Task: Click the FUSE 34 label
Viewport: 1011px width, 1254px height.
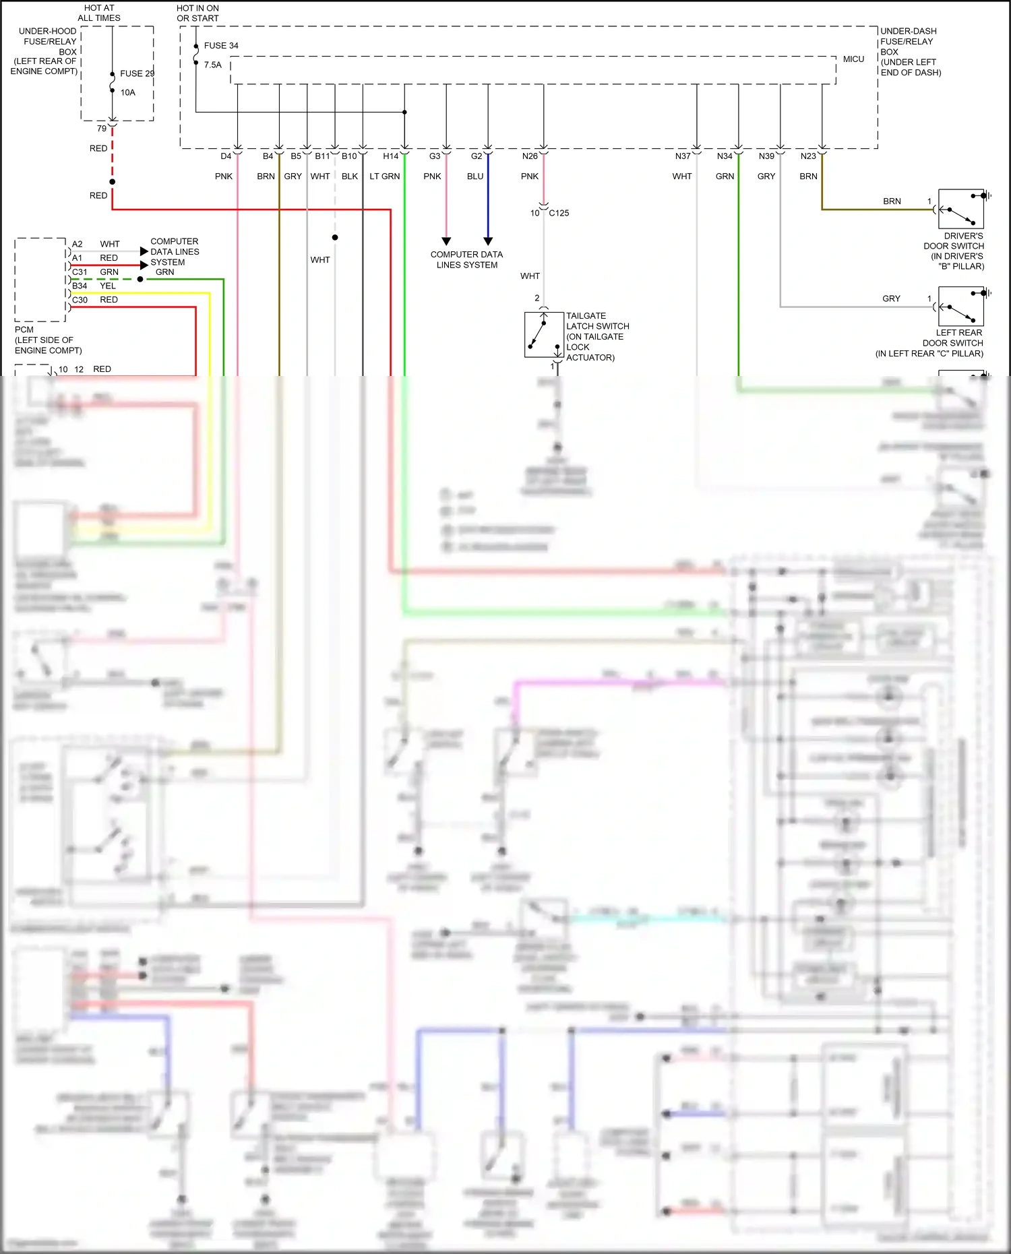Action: [x=221, y=46]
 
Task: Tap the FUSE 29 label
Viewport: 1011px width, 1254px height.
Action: [x=137, y=73]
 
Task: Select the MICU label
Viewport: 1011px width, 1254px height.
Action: [x=853, y=59]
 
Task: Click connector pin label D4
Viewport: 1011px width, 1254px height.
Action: [x=226, y=156]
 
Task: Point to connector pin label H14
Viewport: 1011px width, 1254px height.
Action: [x=391, y=156]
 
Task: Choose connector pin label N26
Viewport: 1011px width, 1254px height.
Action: [x=530, y=156]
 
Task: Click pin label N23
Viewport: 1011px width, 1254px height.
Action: [x=808, y=156]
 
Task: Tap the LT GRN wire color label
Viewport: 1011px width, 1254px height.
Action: [x=385, y=177]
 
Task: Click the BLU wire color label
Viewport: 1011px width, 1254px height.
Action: [x=475, y=177]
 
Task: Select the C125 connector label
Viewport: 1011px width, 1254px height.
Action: [x=559, y=213]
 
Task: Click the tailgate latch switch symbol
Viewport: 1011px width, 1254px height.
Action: [x=544, y=334]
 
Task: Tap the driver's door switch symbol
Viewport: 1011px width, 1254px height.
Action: [x=961, y=210]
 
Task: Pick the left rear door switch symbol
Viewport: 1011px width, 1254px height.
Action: [x=961, y=307]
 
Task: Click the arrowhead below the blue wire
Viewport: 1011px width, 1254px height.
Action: [x=488, y=241]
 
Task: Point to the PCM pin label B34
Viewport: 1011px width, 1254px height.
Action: [x=80, y=286]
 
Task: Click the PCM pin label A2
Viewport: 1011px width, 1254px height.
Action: [x=78, y=244]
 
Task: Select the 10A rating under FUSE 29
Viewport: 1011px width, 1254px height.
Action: [x=128, y=92]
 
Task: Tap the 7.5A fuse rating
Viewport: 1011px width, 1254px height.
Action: [x=213, y=65]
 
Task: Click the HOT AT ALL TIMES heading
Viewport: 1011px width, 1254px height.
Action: [x=99, y=13]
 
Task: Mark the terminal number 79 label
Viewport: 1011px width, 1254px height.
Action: [x=102, y=129]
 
